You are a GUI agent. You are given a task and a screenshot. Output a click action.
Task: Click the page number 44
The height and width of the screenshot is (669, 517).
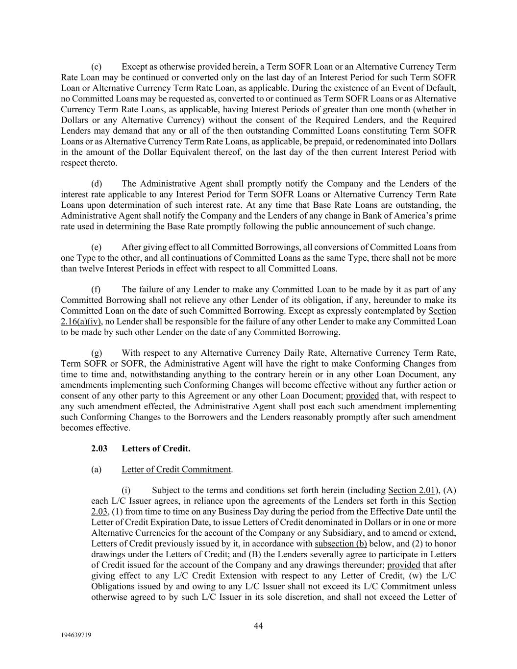click(x=258, y=625)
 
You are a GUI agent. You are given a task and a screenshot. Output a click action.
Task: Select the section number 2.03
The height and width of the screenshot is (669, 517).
click(x=99, y=448)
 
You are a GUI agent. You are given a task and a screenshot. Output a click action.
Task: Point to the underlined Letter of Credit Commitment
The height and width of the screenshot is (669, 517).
click(x=176, y=470)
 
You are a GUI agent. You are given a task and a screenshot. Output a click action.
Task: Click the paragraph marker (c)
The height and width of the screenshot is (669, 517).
click(x=96, y=67)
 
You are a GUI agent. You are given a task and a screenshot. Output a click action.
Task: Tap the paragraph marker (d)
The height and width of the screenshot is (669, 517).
click(x=97, y=184)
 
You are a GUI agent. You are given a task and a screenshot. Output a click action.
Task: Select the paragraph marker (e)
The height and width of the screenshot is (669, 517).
click(x=96, y=247)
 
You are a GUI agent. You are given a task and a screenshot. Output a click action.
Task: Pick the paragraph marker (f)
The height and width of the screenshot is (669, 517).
click(x=96, y=290)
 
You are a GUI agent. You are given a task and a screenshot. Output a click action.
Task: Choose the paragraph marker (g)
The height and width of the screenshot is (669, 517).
click(x=97, y=353)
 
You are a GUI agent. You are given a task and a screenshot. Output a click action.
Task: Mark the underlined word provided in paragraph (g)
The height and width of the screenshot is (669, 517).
click(x=362, y=396)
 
